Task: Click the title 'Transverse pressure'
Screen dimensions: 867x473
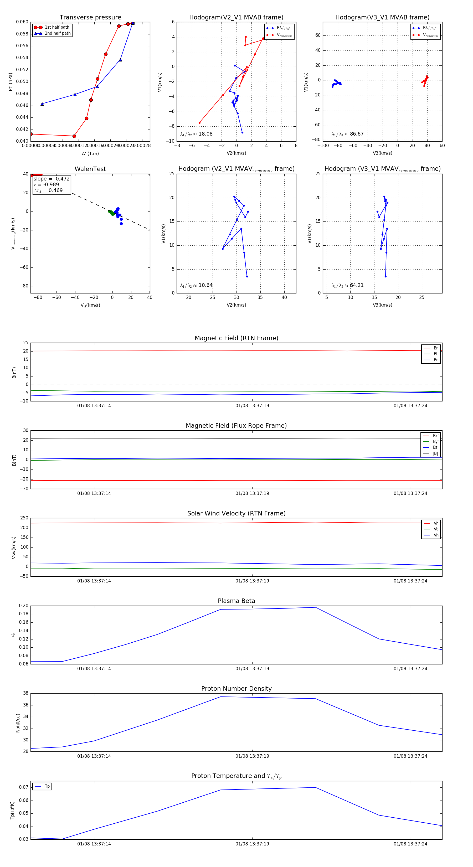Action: coord(90,18)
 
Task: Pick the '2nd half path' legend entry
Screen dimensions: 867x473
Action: coord(58,33)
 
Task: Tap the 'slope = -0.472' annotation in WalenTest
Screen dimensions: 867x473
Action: coord(52,179)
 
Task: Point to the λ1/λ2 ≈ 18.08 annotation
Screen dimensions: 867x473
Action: coord(196,134)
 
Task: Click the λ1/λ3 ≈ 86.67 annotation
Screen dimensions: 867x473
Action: coord(347,134)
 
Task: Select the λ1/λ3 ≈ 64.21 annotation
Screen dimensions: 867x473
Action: coord(347,285)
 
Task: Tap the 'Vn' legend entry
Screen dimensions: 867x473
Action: coord(436,535)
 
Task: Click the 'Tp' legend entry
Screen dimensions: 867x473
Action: coord(47,787)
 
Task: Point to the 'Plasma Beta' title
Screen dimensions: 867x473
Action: coord(236,601)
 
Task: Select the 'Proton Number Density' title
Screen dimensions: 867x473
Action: coord(236,689)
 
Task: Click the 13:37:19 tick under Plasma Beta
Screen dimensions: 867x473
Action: coord(252,668)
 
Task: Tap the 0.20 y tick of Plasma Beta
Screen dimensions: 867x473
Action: coord(24,606)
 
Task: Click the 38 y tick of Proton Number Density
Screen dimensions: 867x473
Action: coord(25,693)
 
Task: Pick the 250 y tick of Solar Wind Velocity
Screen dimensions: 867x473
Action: coord(24,518)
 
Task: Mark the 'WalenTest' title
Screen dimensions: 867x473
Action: coord(90,169)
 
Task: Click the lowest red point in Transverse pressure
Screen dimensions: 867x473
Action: coord(74,136)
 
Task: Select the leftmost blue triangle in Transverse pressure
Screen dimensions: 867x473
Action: coord(42,104)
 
